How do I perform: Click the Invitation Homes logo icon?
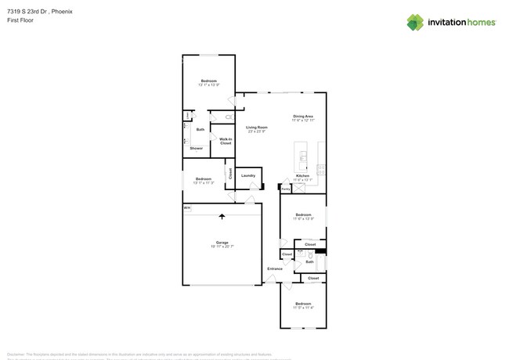point(415,22)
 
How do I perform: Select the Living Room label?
point(256,128)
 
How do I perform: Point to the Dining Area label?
point(303,117)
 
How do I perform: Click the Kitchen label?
point(303,176)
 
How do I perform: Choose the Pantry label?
point(286,189)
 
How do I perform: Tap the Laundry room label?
point(248,175)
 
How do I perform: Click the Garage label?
point(222,243)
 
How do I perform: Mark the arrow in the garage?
point(222,217)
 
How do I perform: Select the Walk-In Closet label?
point(226,142)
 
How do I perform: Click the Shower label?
point(196,148)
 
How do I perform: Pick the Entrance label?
point(274,268)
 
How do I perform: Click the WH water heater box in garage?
point(186,208)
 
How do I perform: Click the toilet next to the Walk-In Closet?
point(229,117)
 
